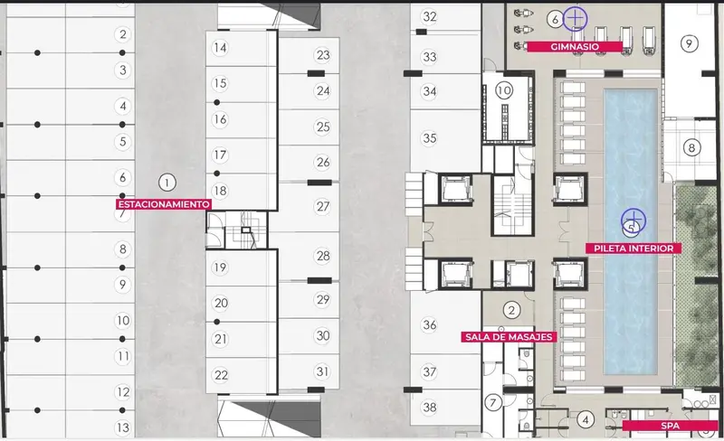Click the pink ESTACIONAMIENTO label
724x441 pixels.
pos(164,204)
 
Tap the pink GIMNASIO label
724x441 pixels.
pos(575,47)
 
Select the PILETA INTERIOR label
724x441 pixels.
pos(633,249)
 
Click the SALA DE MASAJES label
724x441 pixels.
pos(509,337)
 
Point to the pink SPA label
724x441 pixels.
pos(670,426)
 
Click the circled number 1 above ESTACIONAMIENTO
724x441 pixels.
pos(167,183)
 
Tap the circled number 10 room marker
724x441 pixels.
pos(504,90)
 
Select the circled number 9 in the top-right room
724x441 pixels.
pos(689,43)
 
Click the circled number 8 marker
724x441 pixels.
pos(691,147)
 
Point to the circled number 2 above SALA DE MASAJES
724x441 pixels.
pos(511,310)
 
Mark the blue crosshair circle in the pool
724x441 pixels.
pos(633,220)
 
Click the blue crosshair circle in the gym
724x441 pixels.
pos(575,19)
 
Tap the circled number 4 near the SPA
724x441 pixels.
pos(586,420)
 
